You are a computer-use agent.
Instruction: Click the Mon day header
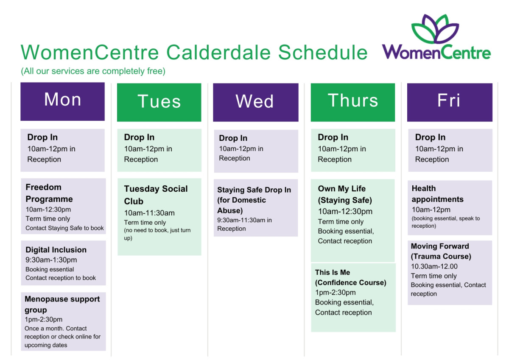[x=62, y=101]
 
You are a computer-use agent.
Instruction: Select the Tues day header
[x=159, y=102]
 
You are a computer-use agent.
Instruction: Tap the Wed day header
[x=256, y=102]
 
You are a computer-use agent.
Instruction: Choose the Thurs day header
[x=353, y=102]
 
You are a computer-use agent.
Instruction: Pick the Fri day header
[x=450, y=102]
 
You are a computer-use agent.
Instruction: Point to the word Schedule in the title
[x=323, y=53]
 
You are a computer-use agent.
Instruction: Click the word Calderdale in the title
[x=218, y=53]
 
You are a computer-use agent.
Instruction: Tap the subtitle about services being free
[x=93, y=71]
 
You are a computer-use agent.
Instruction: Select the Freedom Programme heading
[x=49, y=193]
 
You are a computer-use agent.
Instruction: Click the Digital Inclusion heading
[x=56, y=250]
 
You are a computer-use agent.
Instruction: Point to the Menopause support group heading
[x=62, y=304]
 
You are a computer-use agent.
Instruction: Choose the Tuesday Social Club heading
[x=156, y=195]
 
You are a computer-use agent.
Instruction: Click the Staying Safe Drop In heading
[x=254, y=200]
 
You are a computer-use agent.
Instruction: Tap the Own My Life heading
[x=345, y=194]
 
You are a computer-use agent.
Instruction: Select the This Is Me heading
[x=351, y=277]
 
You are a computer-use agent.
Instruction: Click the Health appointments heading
[x=437, y=194]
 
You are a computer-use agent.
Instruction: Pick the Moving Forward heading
[x=441, y=251]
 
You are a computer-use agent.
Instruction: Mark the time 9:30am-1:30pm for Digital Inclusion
[x=51, y=260]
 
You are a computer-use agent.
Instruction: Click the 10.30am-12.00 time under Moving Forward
[x=434, y=266]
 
